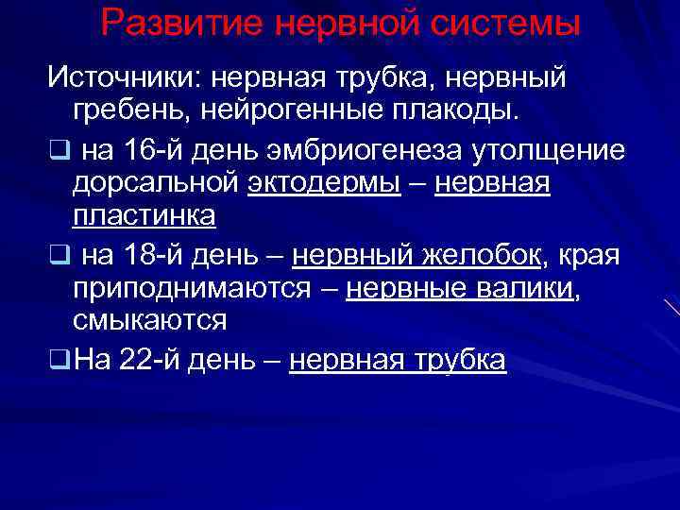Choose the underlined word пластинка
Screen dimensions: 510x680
[x=144, y=217]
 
